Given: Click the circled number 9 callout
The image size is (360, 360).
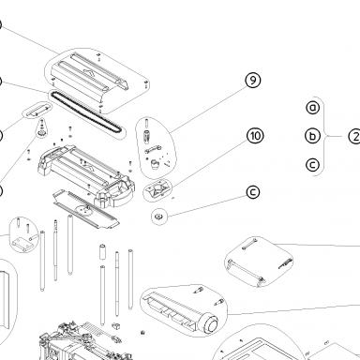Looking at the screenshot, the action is (x=253, y=81).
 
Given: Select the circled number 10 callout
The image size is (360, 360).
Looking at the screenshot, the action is (x=255, y=136).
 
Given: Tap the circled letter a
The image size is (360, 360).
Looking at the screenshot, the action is (x=313, y=108).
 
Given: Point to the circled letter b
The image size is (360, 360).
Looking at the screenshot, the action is (x=313, y=136).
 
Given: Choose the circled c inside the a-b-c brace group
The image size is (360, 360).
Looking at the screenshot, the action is (x=313, y=165).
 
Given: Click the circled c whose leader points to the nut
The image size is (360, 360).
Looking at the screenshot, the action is (x=253, y=192).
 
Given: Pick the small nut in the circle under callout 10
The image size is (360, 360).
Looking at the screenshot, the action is (x=158, y=217).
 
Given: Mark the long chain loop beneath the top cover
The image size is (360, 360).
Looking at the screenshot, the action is (x=85, y=111).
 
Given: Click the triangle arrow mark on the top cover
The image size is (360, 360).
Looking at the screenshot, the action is (x=88, y=72).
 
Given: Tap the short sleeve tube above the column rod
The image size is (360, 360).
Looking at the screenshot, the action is (x=103, y=252).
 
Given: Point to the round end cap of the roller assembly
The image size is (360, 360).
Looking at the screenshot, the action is (x=211, y=324).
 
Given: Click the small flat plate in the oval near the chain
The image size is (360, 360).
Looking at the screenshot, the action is (x=37, y=111).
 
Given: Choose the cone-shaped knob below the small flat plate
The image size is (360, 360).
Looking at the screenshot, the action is (x=41, y=128).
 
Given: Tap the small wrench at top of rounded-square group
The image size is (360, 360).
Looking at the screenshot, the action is (x=249, y=244).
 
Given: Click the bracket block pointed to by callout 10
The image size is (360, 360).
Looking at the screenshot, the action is (x=157, y=188).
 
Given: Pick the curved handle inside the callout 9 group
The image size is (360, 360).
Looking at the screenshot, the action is (x=153, y=149).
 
